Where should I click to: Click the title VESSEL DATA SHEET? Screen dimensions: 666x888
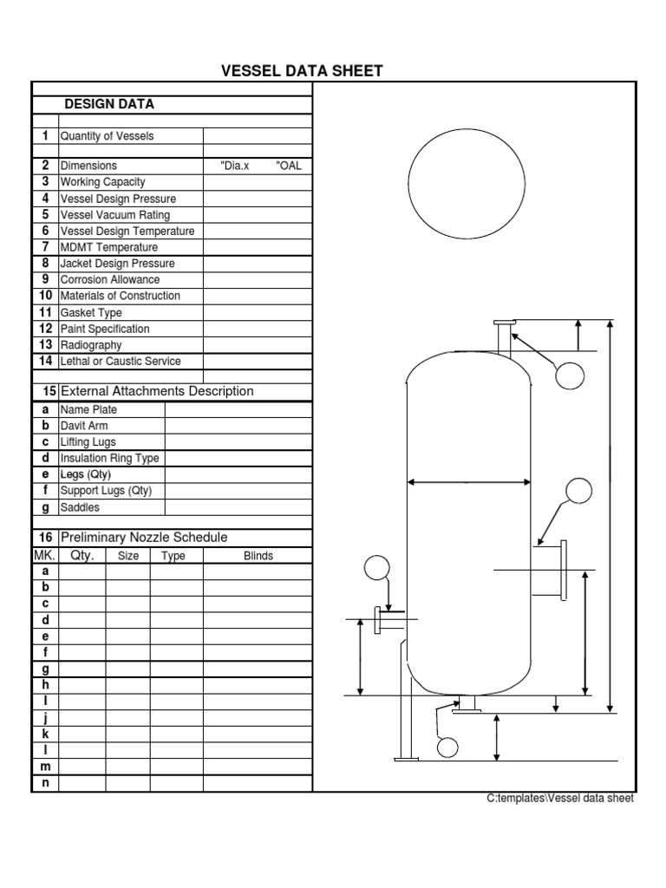302,71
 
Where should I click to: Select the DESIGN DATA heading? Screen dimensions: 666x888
109,104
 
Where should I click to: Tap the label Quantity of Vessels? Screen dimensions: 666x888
107,136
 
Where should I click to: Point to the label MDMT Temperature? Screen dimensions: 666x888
108,247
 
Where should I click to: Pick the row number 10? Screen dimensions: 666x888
45,296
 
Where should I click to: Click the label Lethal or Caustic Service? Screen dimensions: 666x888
121,361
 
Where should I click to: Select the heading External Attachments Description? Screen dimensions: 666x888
156,391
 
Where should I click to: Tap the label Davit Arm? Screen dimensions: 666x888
84,426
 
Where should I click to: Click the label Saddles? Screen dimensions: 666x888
80,507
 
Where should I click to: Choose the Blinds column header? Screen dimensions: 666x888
258,556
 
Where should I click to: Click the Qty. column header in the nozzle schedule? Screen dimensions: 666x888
82,556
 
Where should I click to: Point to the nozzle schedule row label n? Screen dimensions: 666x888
45,784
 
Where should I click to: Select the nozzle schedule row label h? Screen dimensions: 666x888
45,685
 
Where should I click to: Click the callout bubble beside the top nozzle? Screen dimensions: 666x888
570,375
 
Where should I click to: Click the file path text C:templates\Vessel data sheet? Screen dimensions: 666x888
560,799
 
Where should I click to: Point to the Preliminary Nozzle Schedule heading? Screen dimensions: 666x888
144,538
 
